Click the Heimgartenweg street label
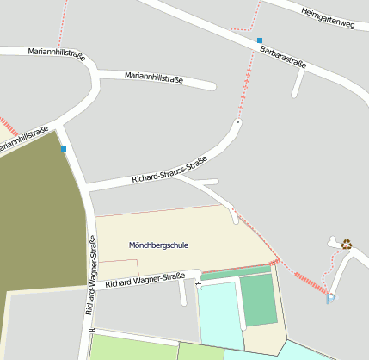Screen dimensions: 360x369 tap(328, 18)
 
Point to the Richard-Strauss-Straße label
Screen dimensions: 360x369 tap(169, 169)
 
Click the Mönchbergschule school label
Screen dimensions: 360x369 tap(158, 245)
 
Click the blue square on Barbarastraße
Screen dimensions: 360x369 tap(260, 40)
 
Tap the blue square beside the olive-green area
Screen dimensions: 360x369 tap(64, 149)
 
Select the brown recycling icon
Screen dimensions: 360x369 tap(347, 244)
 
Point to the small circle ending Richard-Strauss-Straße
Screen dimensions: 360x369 tap(237, 122)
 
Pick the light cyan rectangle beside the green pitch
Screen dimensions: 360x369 tap(219, 314)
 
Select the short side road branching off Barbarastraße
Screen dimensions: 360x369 tap(298, 83)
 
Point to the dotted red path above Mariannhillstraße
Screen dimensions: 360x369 tap(59, 26)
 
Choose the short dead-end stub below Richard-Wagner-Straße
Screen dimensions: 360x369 tap(182, 293)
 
